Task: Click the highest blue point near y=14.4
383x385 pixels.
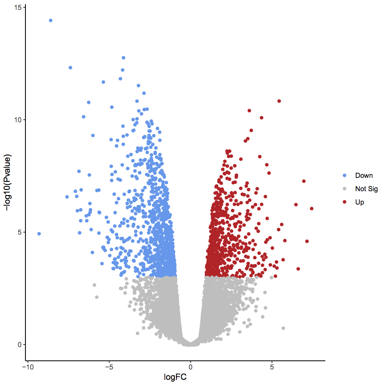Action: click(x=50, y=20)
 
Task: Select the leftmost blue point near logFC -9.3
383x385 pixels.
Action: click(x=39, y=234)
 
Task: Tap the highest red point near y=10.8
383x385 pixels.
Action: click(x=279, y=101)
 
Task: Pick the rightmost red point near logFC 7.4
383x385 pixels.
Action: click(x=311, y=209)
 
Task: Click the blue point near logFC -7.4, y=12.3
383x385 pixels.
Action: click(x=70, y=68)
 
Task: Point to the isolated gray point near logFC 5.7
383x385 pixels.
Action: click(x=283, y=328)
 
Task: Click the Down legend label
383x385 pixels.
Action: click(x=364, y=176)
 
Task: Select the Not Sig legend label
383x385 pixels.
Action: click(x=366, y=189)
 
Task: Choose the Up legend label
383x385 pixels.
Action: click(x=359, y=202)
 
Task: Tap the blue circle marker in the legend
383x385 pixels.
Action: click(x=345, y=176)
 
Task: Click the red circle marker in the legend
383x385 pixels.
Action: click(x=345, y=202)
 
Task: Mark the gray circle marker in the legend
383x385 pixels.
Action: click(x=345, y=189)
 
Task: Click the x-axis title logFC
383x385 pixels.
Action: click(x=175, y=377)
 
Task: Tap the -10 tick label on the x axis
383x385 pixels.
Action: click(x=27, y=367)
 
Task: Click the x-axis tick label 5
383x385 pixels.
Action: click(x=272, y=367)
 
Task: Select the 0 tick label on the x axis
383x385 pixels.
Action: click(x=190, y=367)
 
